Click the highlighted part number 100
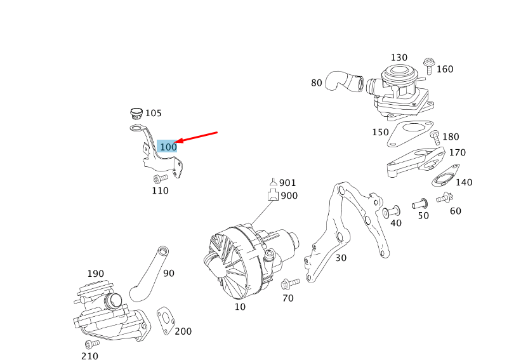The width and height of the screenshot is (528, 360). tap(168, 147)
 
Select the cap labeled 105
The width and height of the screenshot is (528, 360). tap(135, 114)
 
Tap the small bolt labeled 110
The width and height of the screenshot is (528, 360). tap(161, 178)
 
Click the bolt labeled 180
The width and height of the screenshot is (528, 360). tap(435, 137)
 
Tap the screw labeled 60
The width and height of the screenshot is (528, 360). tap(444, 198)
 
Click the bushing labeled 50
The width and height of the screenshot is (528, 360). tap(420, 204)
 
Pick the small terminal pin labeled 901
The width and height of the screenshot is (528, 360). tap(273, 182)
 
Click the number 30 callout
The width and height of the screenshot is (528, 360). tap(341, 258)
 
